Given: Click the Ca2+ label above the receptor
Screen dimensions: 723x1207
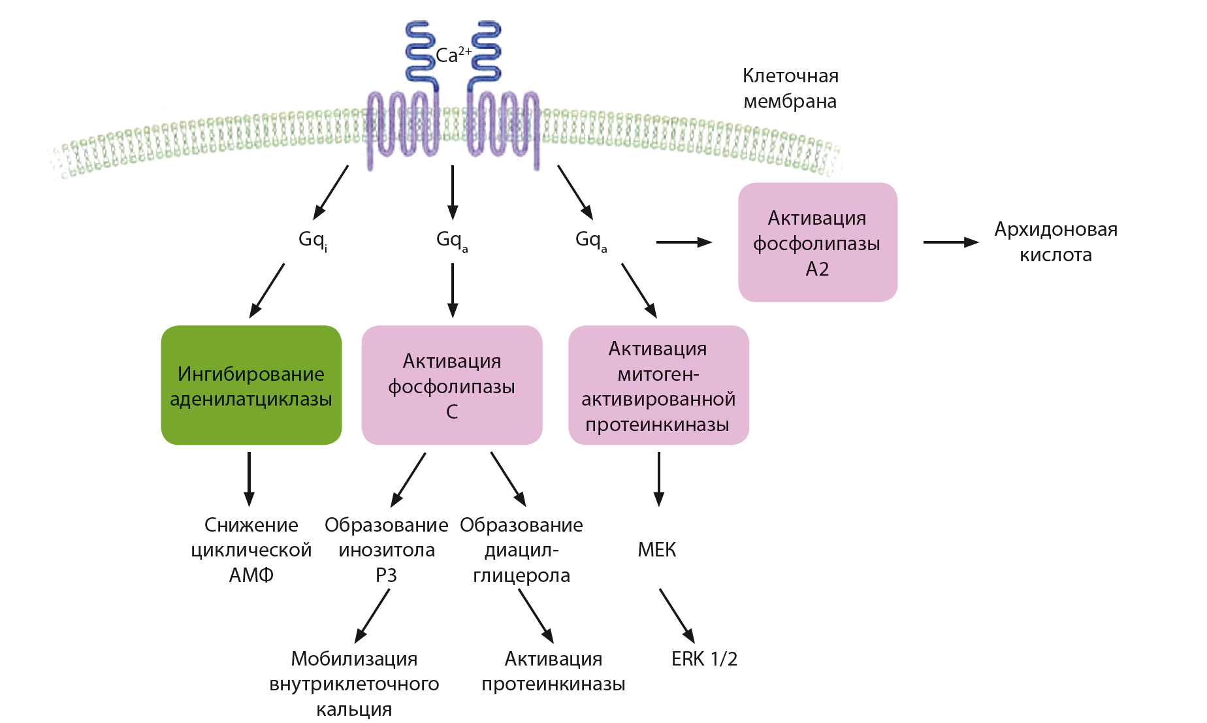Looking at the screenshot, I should click(453, 55).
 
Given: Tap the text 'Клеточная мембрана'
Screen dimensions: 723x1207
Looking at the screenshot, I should click(790, 89).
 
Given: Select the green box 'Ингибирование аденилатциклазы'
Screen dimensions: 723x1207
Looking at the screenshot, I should click(251, 385).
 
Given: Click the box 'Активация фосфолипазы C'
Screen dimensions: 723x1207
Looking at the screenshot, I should click(452, 385).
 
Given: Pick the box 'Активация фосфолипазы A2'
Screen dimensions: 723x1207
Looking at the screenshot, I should click(818, 242).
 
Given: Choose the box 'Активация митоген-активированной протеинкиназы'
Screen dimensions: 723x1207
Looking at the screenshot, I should click(658, 385).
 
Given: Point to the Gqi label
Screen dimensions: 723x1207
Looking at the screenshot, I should click(313, 240).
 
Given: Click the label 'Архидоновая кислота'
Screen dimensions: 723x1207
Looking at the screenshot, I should click(1055, 242).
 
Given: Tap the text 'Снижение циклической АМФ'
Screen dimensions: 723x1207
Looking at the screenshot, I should click(251, 550).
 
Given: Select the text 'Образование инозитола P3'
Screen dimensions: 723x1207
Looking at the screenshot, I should click(387, 550).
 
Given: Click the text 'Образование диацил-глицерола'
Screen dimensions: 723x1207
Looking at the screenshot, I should click(521, 550).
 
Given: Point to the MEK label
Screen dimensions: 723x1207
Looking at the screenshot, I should click(657, 550).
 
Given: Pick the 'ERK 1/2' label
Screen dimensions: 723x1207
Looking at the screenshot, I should click(704, 659).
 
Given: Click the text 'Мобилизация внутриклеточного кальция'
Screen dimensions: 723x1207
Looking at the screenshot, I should click(354, 684).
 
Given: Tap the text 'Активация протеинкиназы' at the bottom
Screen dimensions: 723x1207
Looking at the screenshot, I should click(553, 671).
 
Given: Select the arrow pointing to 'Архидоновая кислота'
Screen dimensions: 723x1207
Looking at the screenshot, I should click(950, 242).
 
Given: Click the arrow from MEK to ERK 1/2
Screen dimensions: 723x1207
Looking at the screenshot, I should click(677, 615).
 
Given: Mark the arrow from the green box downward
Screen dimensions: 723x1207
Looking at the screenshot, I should click(249, 479).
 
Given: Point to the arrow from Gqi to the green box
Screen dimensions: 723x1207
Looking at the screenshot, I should click(267, 290).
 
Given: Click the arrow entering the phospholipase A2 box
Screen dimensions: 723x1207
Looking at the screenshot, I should click(683, 242).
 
